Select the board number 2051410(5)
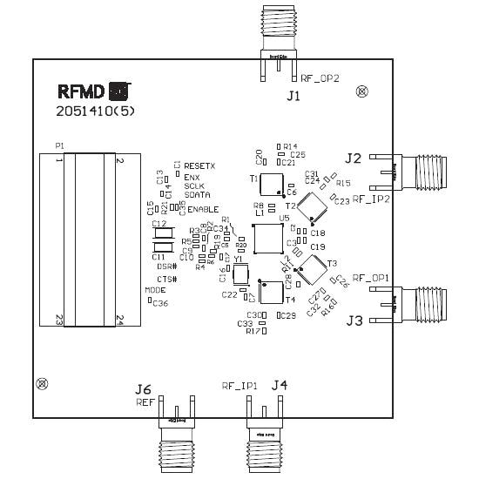97,111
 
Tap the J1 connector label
293,96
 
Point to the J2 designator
353,158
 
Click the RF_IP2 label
370,199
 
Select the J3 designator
354,320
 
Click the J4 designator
279,384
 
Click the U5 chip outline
267,238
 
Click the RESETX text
200,165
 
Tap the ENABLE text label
203,210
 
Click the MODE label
155,290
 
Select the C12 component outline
162,233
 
